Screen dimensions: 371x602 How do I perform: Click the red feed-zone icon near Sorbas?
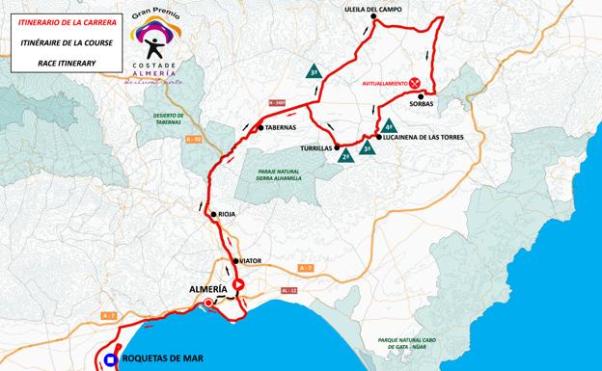tap(416, 83)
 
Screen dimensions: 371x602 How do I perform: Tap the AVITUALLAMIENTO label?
tap(382, 83)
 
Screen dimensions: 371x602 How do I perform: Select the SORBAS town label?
tap(422, 103)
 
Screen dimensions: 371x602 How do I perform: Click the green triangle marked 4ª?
tap(390, 126)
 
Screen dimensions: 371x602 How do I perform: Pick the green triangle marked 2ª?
tap(344, 155)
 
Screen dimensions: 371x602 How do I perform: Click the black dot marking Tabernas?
tap(260, 127)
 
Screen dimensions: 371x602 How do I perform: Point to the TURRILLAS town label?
tap(316, 148)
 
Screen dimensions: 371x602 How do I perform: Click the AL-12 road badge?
tap(288, 290)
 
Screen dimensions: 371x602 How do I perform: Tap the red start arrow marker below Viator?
tap(237, 284)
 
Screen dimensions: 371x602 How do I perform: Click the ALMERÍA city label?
tap(205, 289)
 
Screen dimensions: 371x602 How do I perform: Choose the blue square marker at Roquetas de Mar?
tap(111, 360)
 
